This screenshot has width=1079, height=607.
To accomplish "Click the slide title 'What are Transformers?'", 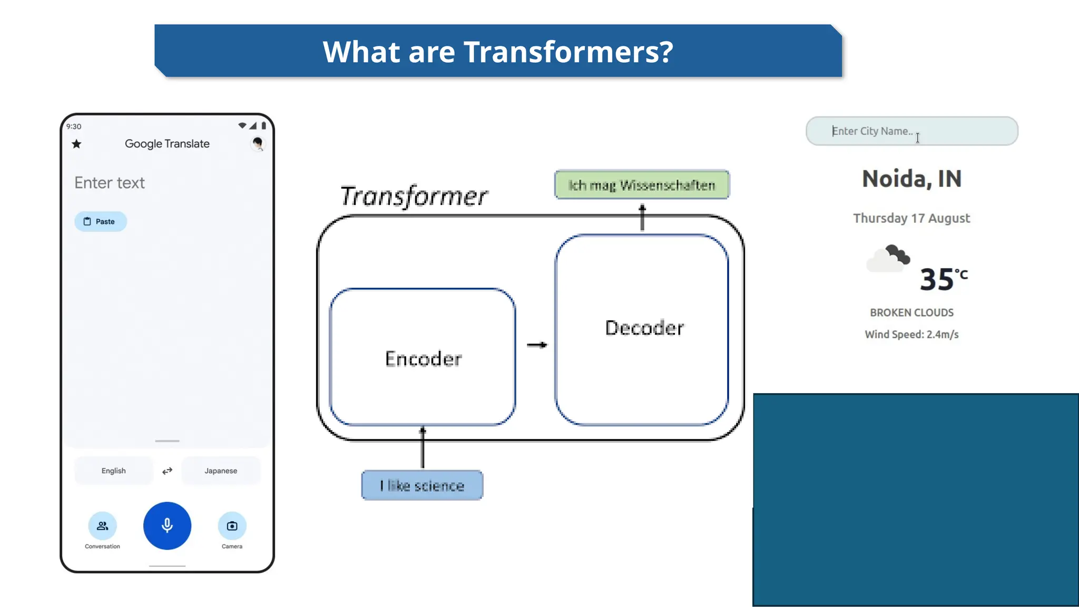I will [x=498, y=52].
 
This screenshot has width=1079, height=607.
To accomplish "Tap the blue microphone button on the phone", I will [x=167, y=525].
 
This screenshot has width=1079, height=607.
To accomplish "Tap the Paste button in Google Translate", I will [x=100, y=221].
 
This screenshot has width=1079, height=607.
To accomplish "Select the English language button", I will [x=114, y=471].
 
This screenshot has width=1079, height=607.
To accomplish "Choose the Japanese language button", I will [x=221, y=471].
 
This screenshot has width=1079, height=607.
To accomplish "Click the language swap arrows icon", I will [x=167, y=471].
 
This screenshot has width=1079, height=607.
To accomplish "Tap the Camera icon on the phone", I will [x=232, y=526].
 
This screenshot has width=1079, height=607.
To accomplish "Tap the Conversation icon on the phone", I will [x=102, y=526].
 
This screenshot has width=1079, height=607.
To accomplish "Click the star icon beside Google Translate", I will [x=77, y=144].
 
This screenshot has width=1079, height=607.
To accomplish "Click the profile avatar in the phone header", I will [x=258, y=143].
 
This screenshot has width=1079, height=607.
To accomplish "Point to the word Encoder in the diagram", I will [x=423, y=359].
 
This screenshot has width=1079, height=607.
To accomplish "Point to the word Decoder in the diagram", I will [x=644, y=328].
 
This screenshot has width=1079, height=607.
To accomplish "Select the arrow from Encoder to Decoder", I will [x=537, y=345].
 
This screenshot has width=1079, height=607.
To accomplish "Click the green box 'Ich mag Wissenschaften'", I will [x=642, y=185].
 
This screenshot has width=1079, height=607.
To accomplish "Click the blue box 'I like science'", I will [x=422, y=485].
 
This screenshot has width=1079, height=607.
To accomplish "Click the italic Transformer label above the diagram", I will [x=414, y=196].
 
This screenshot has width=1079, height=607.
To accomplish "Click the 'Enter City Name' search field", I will [x=911, y=131].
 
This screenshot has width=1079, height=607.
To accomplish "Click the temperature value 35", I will [x=937, y=279].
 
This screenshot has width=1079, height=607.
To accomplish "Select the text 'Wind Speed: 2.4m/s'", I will [x=911, y=335].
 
